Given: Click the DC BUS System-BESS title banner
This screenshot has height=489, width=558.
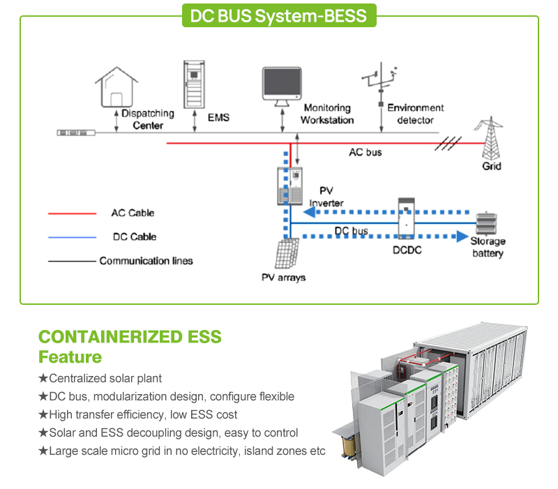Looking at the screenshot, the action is click(x=279, y=15).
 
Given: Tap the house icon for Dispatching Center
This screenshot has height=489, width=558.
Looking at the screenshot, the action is click(x=116, y=86).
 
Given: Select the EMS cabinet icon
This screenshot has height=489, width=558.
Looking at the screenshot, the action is click(x=194, y=84).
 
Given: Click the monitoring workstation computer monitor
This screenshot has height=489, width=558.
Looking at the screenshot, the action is click(x=282, y=86).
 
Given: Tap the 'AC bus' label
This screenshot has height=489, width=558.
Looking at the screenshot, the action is click(x=365, y=152).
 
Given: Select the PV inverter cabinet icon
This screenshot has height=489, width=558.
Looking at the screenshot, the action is click(x=290, y=186).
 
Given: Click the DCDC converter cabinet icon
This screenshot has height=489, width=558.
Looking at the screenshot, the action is click(x=406, y=218).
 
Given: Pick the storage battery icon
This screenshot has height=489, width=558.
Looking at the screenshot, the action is click(x=486, y=223).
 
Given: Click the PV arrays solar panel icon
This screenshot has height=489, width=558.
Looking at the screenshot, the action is click(x=287, y=253).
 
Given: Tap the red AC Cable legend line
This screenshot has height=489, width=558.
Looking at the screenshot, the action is click(x=73, y=213).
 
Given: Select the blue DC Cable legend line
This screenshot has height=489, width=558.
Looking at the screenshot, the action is click(x=73, y=237).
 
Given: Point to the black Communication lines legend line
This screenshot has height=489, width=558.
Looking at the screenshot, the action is click(x=73, y=261).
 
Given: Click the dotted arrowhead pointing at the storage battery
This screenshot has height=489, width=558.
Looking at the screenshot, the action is click(x=462, y=236).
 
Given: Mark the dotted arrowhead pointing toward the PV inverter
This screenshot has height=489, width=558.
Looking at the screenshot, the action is click(x=309, y=212).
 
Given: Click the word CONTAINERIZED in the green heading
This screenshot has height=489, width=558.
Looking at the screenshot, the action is click(x=110, y=337).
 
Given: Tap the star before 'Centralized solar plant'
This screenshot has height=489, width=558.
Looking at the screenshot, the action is click(x=43, y=378).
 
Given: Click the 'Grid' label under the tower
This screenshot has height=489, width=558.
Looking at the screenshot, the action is click(x=492, y=166).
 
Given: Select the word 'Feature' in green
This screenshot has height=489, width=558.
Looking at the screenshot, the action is click(x=70, y=357).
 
